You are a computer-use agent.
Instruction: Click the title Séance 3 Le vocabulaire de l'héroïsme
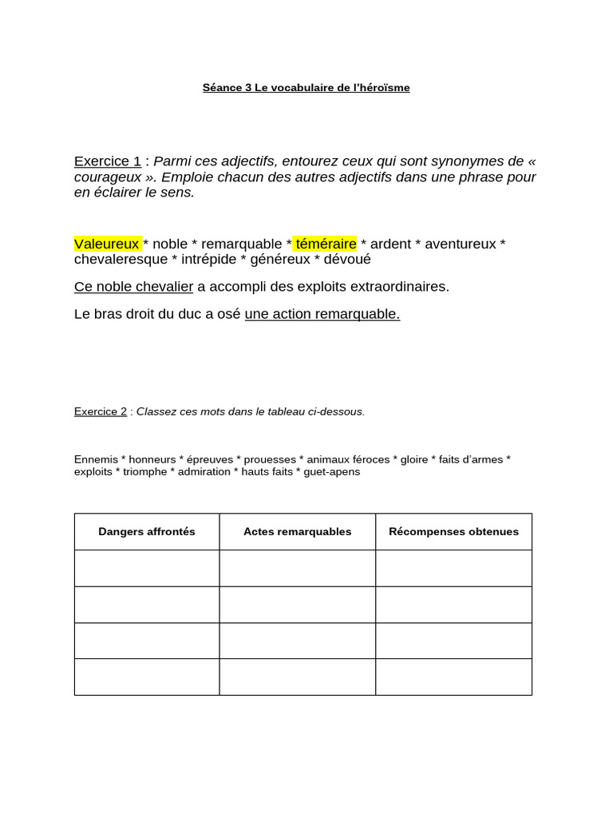[x=306, y=88]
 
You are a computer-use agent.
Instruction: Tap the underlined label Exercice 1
[x=107, y=161]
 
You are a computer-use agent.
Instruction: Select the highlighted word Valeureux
[x=107, y=244]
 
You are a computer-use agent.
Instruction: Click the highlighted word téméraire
[x=326, y=244]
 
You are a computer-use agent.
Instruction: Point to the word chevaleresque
[x=121, y=260]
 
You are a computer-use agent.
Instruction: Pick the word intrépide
[x=206, y=260]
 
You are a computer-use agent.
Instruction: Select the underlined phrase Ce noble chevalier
[x=133, y=287]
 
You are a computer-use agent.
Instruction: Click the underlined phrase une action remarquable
[x=322, y=314]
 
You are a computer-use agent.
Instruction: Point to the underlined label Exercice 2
[x=101, y=412]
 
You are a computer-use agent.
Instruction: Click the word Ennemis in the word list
[x=96, y=459]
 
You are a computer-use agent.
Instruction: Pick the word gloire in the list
[x=414, y=459]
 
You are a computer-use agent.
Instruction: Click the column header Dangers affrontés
[x=147, y=532]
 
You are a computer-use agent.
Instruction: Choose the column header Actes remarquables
[x=297, y=532]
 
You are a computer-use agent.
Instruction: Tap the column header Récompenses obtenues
[x=453, y=532]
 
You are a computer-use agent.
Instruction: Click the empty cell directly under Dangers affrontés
[x=147, y=568]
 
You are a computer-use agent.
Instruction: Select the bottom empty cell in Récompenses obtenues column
[x=453, y=677]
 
